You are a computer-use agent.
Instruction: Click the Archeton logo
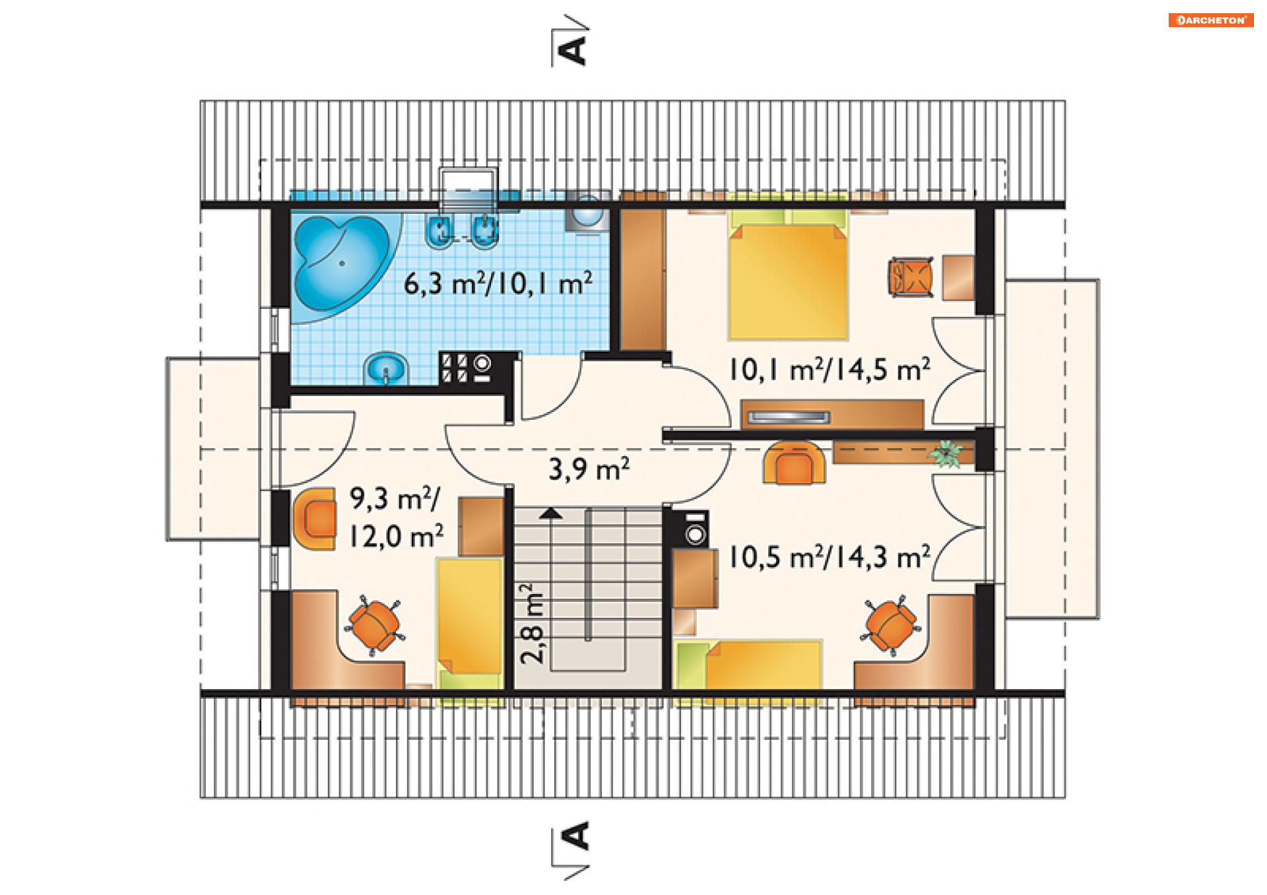(1210, 20)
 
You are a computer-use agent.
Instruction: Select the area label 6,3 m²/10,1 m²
(498, 284)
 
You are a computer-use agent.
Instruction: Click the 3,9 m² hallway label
(589, 469)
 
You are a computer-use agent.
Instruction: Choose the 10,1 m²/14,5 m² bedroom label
(829, 370)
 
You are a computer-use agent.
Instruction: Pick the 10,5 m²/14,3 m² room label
(829, 557)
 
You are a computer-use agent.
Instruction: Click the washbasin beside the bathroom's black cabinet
(386, 368)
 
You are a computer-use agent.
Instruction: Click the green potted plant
(946, 453)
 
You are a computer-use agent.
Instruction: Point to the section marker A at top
(571, 48)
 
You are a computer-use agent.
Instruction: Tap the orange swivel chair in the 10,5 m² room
(891, 625)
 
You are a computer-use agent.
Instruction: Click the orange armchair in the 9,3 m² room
(314, 519)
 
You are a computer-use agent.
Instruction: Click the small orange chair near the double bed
(911, 277)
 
